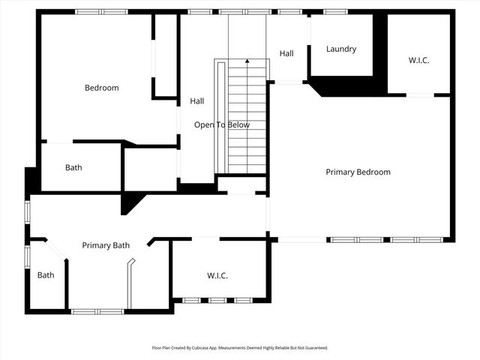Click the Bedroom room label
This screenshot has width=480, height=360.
coord(101,88)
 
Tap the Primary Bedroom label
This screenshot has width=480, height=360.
coord(358,172)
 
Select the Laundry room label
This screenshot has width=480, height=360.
coord(341,49)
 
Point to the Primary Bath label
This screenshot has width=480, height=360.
coord(106,245)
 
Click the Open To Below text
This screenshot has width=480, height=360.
coord(222,124)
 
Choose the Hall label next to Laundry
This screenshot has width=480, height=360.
coord(286,53)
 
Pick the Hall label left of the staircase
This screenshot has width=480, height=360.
coord(196,100)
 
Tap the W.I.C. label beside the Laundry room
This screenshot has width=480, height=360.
coord(419,59)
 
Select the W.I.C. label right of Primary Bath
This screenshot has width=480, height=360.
coord(217,275)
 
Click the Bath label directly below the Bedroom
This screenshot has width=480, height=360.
coord(73,167)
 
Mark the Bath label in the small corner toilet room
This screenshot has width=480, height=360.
coord(46,274)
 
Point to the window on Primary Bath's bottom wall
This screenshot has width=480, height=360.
coord(97,310)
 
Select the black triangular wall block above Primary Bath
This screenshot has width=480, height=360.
coord(130,202)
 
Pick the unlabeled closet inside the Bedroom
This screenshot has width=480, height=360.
coord(164,56)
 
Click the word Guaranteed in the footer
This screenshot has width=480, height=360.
coord(314,348)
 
